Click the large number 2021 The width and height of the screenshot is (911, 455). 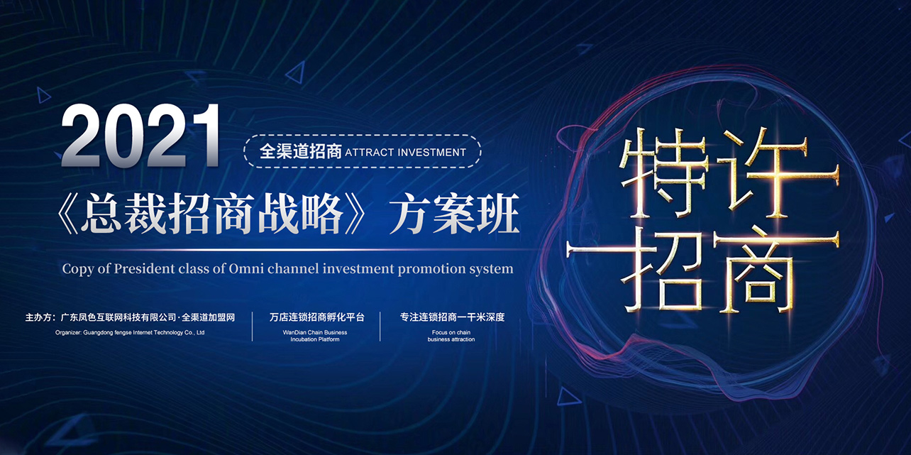click(x=140, y=136)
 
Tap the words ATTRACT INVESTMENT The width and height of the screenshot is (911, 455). click(x=405, y=152)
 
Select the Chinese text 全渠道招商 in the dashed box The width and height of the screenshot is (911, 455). click(x=301, y=151)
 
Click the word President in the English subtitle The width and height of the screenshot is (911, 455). click(x=144, y=268)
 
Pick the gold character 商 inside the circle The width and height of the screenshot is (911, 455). click(x=775, y=270)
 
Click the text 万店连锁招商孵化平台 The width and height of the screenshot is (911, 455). click(x=317, y=317)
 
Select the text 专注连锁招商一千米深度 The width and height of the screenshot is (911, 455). click(x=452, y=317)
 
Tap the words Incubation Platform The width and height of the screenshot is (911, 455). click(x=315, y=339)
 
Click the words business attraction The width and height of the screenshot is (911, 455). click(x=451, y=339)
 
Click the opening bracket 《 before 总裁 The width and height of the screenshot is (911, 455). click(x=67, y=214)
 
